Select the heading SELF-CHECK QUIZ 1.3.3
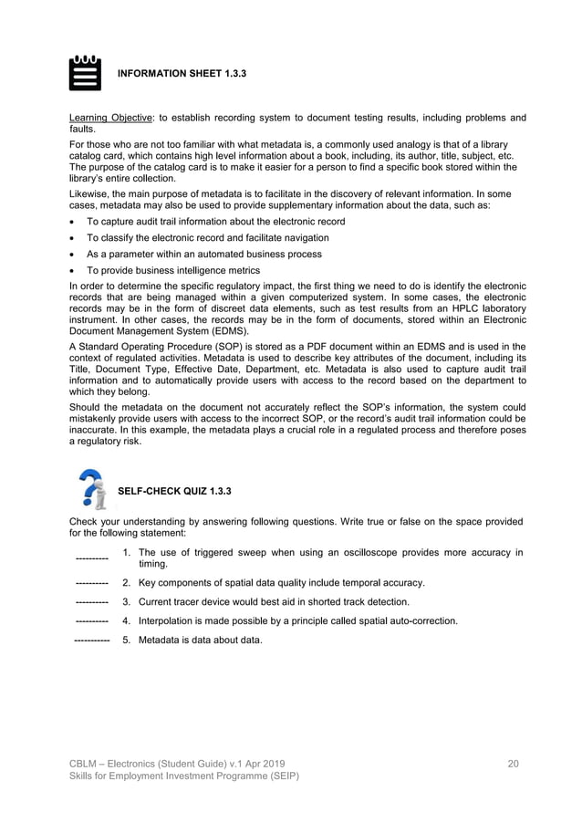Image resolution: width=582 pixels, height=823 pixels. coord(174,492)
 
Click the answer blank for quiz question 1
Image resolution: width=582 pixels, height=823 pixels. coord(91,558)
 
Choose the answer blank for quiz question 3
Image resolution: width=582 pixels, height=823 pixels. coord(91,603)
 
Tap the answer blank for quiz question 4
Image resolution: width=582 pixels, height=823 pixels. coord(91,622)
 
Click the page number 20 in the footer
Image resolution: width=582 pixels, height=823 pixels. coord(513,762)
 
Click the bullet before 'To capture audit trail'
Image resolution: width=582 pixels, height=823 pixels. coord(73,222)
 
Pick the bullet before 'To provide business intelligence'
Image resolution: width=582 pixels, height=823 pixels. coord(73,271)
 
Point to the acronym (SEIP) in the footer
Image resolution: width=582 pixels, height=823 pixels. coord(279,776)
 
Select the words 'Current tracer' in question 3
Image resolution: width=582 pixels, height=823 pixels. coord(171,602)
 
